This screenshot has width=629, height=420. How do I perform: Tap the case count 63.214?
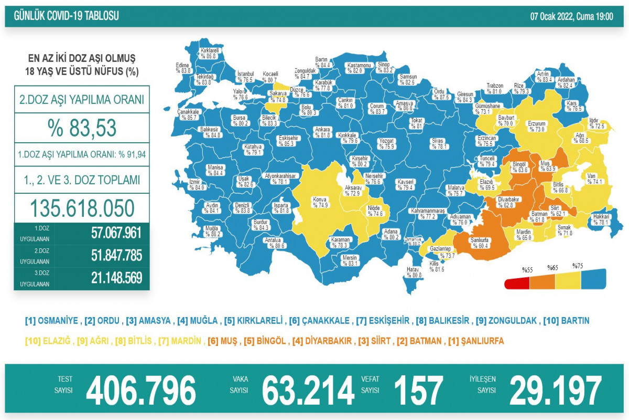click(308, 391)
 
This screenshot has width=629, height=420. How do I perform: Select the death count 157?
click(418, 391)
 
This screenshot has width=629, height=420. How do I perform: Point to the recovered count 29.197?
click(555, 391)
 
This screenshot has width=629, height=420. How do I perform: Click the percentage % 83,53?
click(82, 128)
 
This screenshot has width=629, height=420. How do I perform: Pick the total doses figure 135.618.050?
click(82, 208)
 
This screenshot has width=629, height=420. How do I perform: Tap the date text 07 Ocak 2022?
click(552, 16)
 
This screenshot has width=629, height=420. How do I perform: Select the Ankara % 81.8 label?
click(322, 132)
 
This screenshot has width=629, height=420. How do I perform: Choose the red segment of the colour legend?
click(517, 284)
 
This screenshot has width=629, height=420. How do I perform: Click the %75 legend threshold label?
click(578, 266)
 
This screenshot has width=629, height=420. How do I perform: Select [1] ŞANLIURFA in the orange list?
click(475, 341)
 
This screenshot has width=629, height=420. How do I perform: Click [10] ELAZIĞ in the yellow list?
click(48, 341)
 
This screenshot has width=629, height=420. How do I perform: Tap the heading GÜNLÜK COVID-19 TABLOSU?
click(62, 16)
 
